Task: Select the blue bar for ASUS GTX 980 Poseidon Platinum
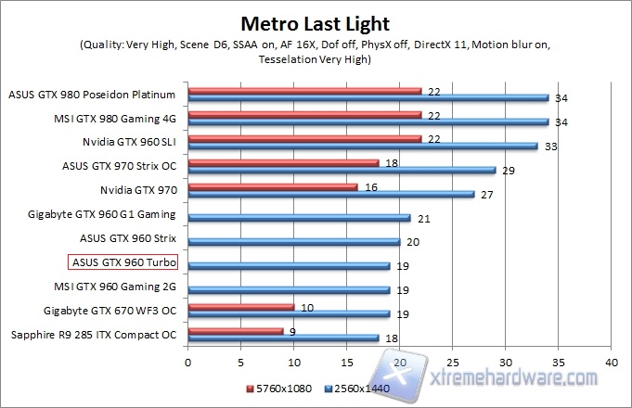tap(368, 97)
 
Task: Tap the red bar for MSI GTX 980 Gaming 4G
tap(304, 114)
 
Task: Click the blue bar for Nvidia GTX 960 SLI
tap(363, 146)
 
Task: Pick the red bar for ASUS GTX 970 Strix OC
tap(283, 162)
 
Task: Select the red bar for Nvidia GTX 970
tap(273, 186)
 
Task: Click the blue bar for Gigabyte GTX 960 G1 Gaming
tap(299, 218)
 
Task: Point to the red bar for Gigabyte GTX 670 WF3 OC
tap(241, 306)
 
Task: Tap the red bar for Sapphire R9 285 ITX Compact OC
tap(236, 330)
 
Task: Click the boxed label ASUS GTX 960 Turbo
tap(124, 263)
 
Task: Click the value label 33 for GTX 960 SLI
tap(548, 146)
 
